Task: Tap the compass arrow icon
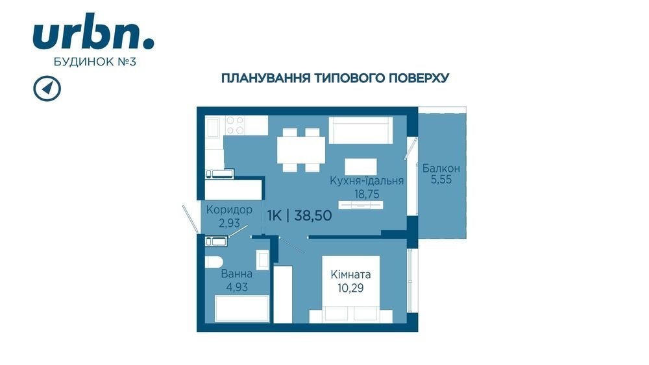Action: (x=47, y=88)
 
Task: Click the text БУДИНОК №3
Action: (x=95, y=62)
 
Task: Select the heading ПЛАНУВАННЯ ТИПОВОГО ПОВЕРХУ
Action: (x=336, y=78)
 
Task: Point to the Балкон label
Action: (x=441, y=169)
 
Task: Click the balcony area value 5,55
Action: (x=441, y=180)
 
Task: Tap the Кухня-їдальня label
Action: (x=367, y=181)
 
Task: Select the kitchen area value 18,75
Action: (x=367, y=194)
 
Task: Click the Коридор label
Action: (x=229, y=210)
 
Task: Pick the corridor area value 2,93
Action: (x=229, y=223)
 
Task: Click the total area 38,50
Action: (x=313, y=215)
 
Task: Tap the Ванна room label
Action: (x=237, y=274)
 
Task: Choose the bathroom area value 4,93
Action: (x=237, y=287)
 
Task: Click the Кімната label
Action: (x=350, y=274)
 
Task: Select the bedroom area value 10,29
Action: (x=350, y=288)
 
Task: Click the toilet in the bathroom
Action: (x=214, y=262)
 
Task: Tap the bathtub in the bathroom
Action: (x=242, y=309)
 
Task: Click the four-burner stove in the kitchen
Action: (x=235, y=125)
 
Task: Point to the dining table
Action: (x=301, y=150)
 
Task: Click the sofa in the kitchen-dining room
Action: (x=361, y=130)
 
